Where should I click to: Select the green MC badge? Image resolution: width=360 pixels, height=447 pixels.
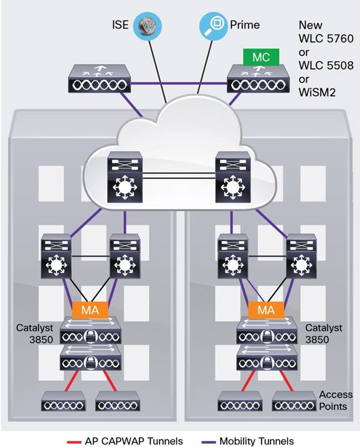click(261, 57)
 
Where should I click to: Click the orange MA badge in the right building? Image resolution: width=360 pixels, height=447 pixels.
click(266, 310)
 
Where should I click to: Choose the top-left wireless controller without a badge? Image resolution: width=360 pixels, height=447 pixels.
click(99, 79)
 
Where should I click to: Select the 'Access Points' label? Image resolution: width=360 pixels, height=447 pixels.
click(336, 400)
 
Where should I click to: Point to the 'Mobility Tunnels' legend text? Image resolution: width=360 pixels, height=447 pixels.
click(256, 441)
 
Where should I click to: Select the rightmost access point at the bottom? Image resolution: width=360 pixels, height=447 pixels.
click(293, 404)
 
